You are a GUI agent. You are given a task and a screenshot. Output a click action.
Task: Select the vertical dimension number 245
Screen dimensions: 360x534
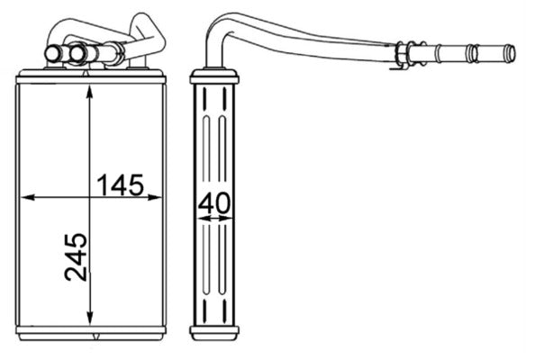pos(77,256)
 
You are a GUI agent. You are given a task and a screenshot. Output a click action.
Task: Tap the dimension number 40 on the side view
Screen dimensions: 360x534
pos(213,204)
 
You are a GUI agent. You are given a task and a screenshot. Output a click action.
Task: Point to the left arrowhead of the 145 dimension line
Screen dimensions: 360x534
pos(24,196)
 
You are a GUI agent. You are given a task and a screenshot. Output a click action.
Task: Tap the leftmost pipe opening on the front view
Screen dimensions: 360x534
pos(53,56)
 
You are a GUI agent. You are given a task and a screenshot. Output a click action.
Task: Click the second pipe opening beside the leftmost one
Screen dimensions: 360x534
pos(77,56)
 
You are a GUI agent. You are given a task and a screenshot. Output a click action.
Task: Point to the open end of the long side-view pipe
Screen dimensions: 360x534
pos(510,53)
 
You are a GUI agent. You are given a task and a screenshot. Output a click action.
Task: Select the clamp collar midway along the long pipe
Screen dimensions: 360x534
pos(403,53)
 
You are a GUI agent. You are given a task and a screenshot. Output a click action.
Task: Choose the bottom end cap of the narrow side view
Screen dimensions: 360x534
pos(214,332)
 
